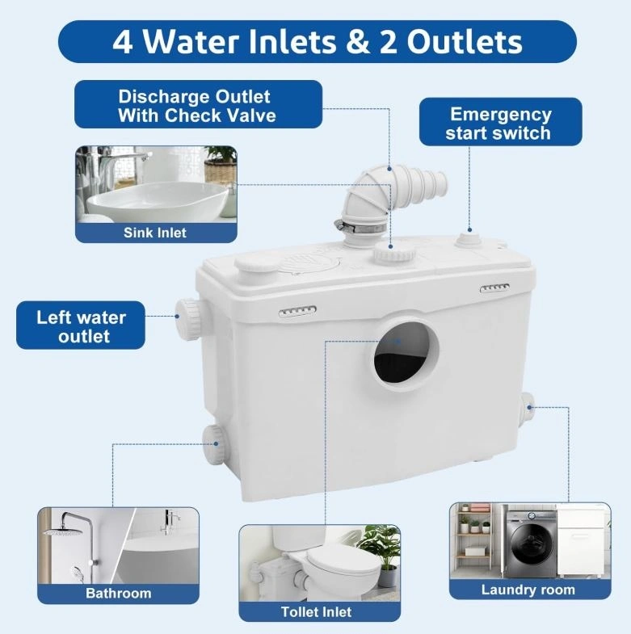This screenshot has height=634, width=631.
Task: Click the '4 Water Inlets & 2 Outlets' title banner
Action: (x=318, y=42)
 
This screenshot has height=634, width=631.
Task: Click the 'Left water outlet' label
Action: (x=81, y=325)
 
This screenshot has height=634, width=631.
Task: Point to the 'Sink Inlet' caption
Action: (x=155, y=233)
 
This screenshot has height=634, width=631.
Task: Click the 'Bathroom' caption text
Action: (x=119, y=593)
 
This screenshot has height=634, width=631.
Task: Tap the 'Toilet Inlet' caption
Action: (x=317, y=611)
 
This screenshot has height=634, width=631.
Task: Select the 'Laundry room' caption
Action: (x=528, y=590)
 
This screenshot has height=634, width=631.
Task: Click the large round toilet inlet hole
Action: (x=406, y=354)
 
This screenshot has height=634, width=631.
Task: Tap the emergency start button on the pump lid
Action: (x=470, y=239)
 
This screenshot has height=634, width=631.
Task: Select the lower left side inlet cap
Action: (x=213, y=444)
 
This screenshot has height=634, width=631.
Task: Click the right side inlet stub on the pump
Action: (x=527, y=408)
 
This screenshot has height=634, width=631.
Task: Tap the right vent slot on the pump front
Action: (x=494, y=288)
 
